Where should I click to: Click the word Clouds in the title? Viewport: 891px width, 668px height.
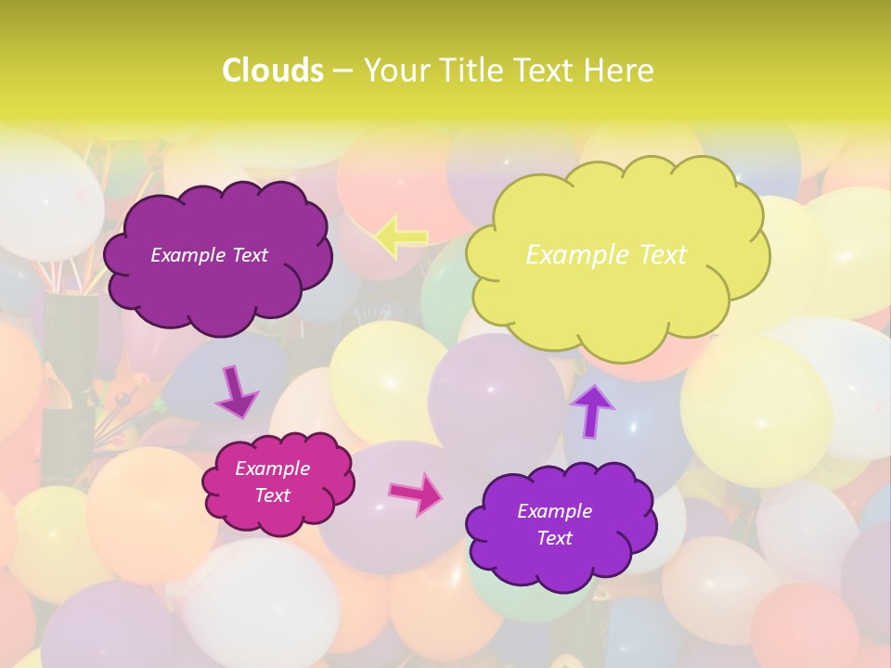click(x=273, y=71)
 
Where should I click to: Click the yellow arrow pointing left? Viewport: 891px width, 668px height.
click(x=401, y=238)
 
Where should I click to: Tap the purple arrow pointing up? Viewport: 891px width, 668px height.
click(x=592, y=409)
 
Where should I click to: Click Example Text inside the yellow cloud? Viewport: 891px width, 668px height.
click(x=606, y=255)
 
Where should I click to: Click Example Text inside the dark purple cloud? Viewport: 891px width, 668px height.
click(x=209, y=255)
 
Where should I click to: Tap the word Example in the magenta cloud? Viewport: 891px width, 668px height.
click(x=272, y=469)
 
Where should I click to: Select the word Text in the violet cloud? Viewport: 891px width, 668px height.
click(x=554, y=538)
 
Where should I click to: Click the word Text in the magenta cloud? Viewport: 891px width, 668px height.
click(x=272, y=495)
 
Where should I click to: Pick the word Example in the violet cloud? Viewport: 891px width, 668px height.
click(x=554, y=511)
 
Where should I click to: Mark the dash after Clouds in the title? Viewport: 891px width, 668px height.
click(x=342, y=71)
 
